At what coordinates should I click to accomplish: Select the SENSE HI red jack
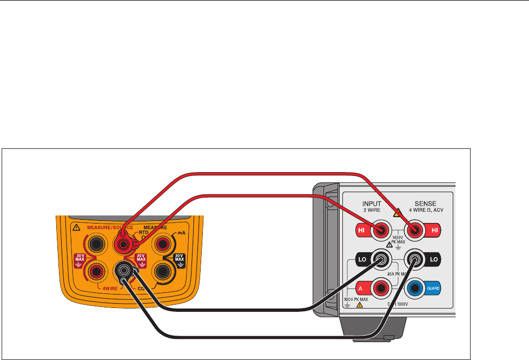(x=414, y=231)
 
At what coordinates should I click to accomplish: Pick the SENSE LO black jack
(x=414, y=260)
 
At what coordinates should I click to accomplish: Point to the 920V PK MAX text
(x=356, y=299)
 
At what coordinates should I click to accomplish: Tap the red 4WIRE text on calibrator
(x=110, y=288)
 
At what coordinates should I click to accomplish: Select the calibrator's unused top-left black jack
(x=97, y=245)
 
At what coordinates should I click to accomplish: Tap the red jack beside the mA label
(x=161, y=245)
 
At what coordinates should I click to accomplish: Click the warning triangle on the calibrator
(x=76, y=227)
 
